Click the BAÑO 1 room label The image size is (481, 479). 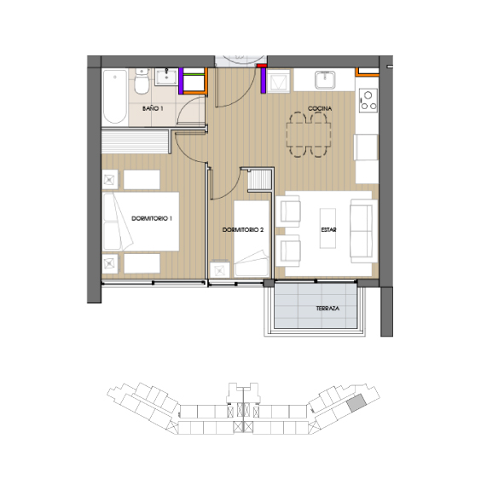click(153, 109)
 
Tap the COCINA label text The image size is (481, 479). click(320, 109)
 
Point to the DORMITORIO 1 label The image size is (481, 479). click(153, 219)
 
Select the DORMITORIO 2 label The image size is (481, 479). click(243, 230)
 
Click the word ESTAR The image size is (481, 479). click(328, 230)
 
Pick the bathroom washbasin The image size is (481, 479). click(167, 79)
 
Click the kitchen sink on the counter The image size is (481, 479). click(326, 80)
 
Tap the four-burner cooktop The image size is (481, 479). click(368, 100)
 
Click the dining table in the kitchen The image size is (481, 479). click(309, 136)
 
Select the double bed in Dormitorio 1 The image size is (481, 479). click(141, 222)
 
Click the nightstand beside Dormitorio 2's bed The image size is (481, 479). click(221, 268)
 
